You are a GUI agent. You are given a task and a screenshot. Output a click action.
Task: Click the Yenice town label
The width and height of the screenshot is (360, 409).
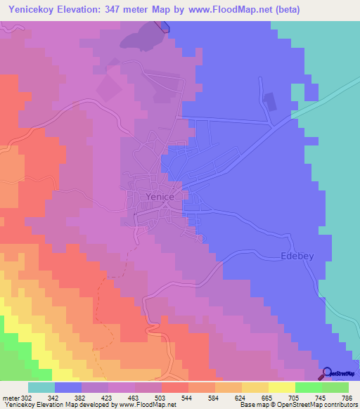160,197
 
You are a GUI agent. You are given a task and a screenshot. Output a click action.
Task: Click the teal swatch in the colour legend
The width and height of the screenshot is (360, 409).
41,387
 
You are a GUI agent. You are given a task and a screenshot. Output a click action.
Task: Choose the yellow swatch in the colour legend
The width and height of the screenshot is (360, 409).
281,387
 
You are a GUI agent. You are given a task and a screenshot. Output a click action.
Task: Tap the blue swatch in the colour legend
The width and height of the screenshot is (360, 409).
67,387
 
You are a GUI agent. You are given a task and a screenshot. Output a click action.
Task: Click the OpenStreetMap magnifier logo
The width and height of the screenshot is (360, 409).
327,372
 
